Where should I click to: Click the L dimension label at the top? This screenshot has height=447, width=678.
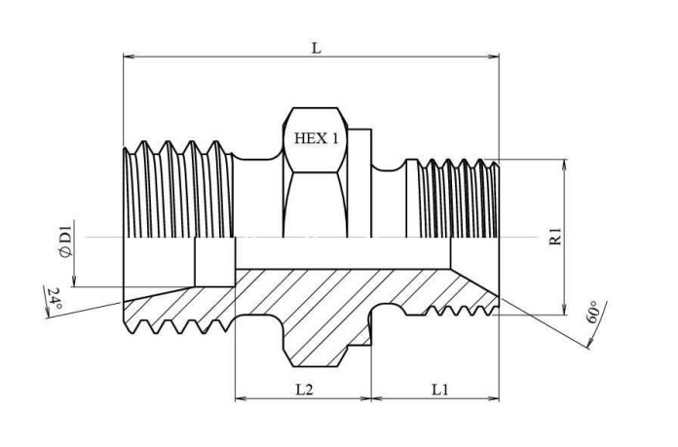point(317,49)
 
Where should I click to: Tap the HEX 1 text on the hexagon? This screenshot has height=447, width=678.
point(317,138)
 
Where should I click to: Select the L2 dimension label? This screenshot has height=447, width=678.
point(304,390)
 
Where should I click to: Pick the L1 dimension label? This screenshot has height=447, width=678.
point(440,390)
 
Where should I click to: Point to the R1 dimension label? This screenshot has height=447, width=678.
point(555,237)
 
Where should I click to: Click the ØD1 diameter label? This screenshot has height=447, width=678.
point(65,244)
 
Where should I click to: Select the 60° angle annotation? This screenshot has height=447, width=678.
point(593,313)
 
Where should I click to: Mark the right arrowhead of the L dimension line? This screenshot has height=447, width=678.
point(493,56)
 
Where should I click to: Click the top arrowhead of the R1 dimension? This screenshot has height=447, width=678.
point(564,166)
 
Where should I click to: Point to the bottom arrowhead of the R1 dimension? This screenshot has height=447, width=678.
point(564,309)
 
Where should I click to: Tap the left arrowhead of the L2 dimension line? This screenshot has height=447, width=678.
point(242,398)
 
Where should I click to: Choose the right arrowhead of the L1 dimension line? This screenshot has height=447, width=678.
point(493,398)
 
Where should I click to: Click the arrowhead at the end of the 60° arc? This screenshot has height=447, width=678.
point(589,343)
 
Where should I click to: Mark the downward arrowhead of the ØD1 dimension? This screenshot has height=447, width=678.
point(74,280)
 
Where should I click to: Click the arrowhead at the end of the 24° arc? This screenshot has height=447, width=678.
point(47,314)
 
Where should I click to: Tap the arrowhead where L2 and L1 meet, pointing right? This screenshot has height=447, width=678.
point(365,398)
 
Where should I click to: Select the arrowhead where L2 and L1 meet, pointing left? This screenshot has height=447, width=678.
point(378,398)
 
